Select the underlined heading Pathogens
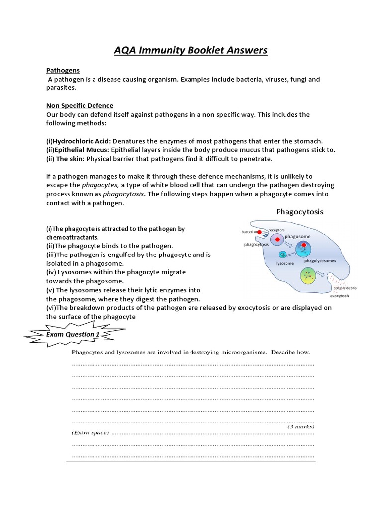pos(63,71)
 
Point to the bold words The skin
pos(71,159)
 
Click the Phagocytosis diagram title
pos(299,211)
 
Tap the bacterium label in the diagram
pos(248,232)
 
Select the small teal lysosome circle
pos(283,254)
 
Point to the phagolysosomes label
pos(320,261)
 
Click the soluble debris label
pos(345,288)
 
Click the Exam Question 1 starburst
pos(72,335)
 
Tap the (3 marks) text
pos(300,426)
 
